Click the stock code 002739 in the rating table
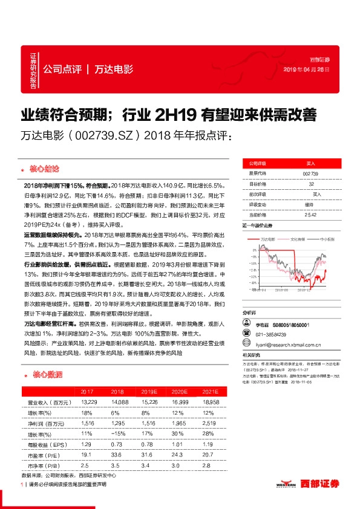click(310, 173)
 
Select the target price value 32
click(310, 183)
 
